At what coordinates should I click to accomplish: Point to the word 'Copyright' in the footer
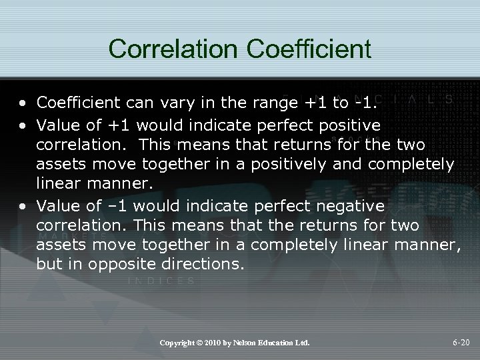pyautogui.click(x=178, y=343)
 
